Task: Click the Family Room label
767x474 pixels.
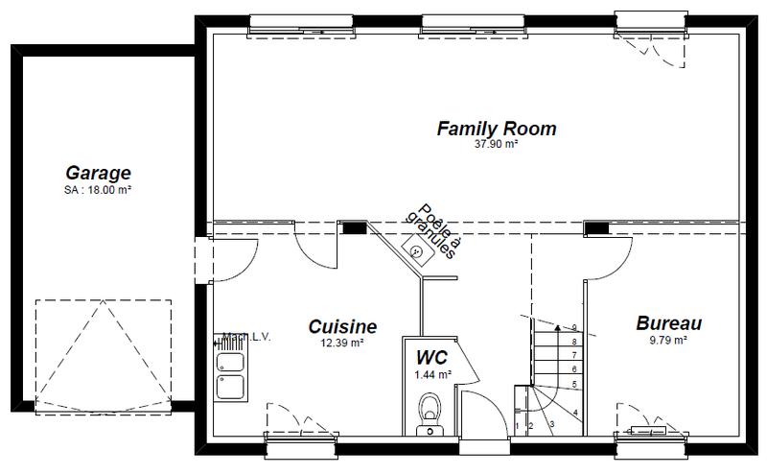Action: (x=496, y=129)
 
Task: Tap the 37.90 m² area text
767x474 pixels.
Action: (x=496, y=145)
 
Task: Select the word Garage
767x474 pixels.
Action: (x=98, y=174)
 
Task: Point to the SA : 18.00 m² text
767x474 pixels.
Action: (x=98, y=190)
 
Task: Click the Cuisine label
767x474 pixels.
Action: (x=342, y=327)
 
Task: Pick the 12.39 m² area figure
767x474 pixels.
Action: (x=342, y=343)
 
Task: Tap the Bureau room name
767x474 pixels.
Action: (x=669, y=324)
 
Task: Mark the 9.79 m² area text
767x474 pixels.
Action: (x=669, y=340)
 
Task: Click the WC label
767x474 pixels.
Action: (x=430, y=357)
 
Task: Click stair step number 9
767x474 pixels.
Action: (x=573, y=328)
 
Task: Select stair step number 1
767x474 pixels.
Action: (x=518, y=424)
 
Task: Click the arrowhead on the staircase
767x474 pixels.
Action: (x=557, y=328)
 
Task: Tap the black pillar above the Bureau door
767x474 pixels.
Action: (x=597, y=227)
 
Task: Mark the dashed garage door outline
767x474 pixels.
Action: (x=104, y=355)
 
